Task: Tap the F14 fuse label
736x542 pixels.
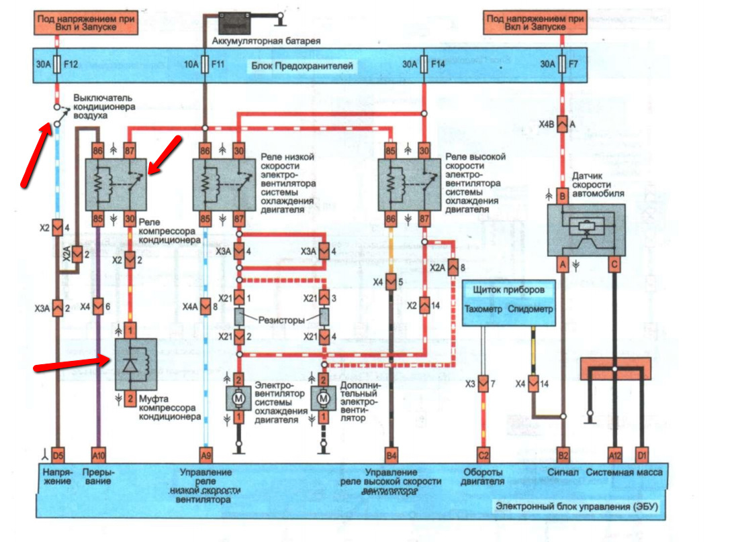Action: click(x=439, y=64)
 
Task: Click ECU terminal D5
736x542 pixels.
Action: click(x=57, y=455)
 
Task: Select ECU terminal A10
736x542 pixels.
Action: click(x=99, y=455)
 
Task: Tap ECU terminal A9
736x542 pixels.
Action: click(x=206, y=455)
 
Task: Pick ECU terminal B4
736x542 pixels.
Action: click(x=391, y=455)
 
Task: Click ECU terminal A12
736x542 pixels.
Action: click(x=615, y=455)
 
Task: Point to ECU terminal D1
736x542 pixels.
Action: click(x=642, y=455)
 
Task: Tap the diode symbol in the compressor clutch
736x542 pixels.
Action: click(x=132, y=362)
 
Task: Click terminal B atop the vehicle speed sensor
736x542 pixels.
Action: click(x=562, y=196)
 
